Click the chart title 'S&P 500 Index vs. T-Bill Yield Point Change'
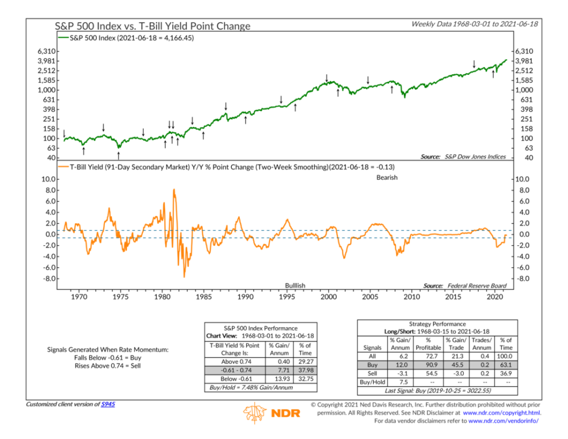pos(152,26)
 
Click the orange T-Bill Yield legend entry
pos(232,166)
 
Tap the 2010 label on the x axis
pos(412,297)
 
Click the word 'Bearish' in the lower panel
pos(387,177)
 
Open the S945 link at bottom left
pos(108,404)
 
